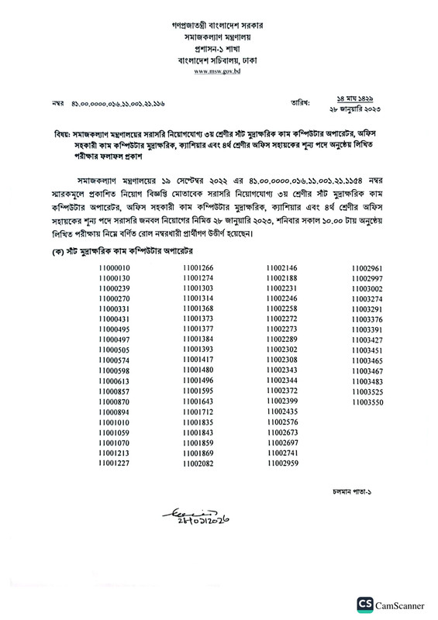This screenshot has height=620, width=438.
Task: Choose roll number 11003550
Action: tap(367, 403)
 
